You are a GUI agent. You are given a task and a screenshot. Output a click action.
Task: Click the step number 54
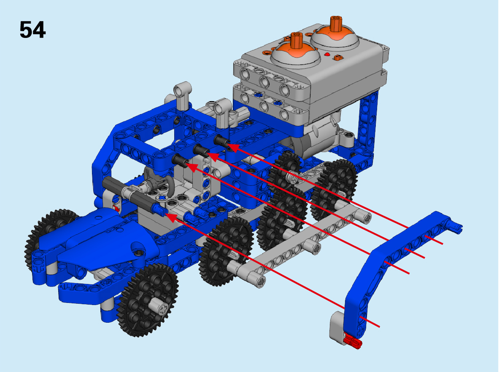pos(32,30)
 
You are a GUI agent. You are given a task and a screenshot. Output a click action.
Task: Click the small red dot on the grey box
pos(326,54)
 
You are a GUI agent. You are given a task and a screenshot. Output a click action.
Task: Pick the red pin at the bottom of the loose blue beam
pos(353,341)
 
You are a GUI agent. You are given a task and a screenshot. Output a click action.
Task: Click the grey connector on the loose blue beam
pos(337,324)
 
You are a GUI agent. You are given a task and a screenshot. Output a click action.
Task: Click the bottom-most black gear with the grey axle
pos(148,300)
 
